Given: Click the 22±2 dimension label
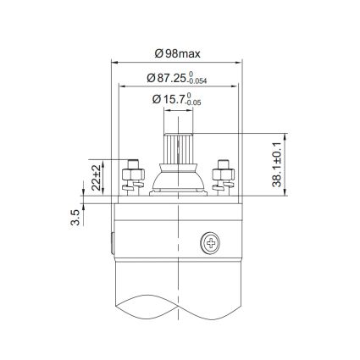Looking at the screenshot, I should coord(96,177).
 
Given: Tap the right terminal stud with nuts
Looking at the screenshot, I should coord(224,175).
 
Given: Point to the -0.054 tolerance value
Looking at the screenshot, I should coord(205,80).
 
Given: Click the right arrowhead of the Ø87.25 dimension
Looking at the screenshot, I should coord(239,86).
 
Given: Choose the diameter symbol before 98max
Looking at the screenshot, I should coord(159,53).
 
